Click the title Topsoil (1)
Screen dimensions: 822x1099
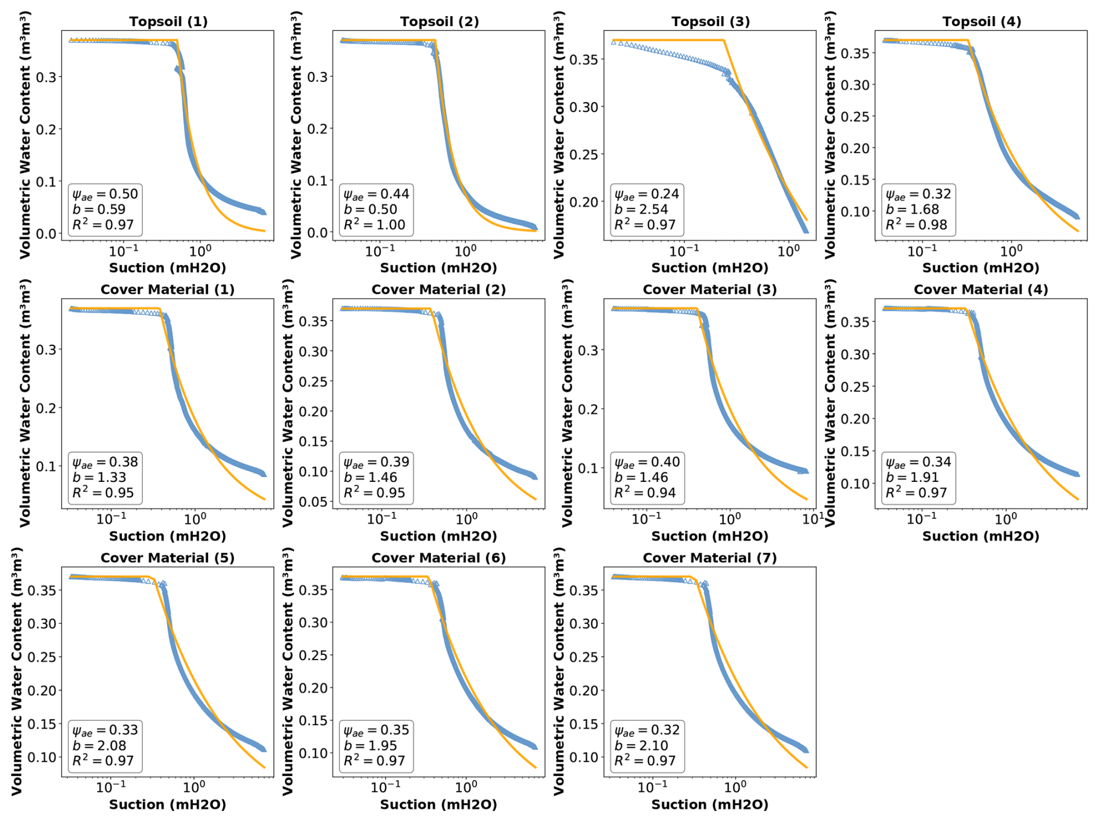point(168,21)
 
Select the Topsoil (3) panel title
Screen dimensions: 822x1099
point(710,21)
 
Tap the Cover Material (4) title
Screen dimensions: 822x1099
point(981,290)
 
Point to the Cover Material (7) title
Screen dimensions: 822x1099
point(710,558)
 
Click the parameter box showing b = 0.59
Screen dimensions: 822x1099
point(105,209)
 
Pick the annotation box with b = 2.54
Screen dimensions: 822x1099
point(647,209)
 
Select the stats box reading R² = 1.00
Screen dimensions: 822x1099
point(376,209)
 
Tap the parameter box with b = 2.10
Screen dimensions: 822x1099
point(647,745)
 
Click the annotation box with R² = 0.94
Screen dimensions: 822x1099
point(647,477)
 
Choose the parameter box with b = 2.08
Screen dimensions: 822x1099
point(105,745)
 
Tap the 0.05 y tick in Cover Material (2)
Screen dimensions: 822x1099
point(313,502)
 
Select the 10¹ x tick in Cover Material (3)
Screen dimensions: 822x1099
point(812,518)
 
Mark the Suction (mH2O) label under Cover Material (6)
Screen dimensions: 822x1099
point(439,805)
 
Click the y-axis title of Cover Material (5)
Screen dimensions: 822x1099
point(16,671)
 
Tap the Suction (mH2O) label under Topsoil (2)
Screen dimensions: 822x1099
point(439,268)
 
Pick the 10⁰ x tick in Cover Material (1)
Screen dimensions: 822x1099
point(195,518)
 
